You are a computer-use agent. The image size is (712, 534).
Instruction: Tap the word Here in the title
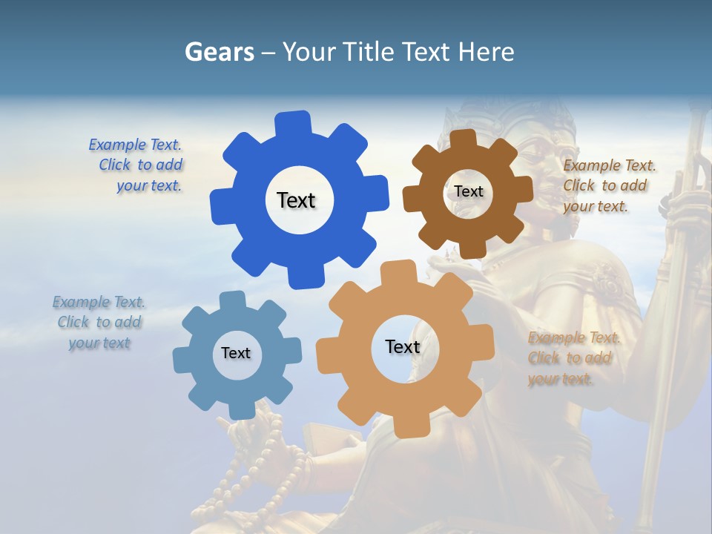[x=486, y=52]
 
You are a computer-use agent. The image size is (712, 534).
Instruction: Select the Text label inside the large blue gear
[x=296, y=200]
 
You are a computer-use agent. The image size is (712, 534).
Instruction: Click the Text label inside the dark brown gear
[x=468, y=191]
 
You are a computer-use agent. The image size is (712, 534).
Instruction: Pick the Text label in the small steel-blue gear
[x=235, y=353]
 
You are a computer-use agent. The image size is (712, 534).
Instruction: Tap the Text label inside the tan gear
[x=402, y=346]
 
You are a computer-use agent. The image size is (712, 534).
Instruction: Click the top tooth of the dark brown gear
[x=464, y=139]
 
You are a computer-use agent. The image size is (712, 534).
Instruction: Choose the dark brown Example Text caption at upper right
[x=608, y=185]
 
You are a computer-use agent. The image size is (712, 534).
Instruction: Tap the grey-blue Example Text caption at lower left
[x=99, y=323]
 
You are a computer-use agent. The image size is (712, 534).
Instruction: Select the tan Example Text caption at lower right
[x=573, y=358]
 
